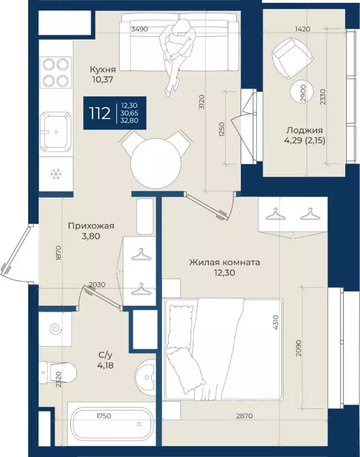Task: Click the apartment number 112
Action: [100, 113]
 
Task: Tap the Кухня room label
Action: [103, 70]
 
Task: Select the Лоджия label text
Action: [305, 130]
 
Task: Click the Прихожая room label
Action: [91, 226]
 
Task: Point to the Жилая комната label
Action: [225, 262]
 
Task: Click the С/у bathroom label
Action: [105, 355]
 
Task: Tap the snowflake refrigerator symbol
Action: [55, 175]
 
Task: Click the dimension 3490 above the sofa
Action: [140, 29]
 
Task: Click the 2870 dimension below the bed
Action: [244, 416]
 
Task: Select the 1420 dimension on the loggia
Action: [302, 29]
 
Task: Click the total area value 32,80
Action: [129, 120]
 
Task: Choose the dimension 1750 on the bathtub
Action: [104, 416]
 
